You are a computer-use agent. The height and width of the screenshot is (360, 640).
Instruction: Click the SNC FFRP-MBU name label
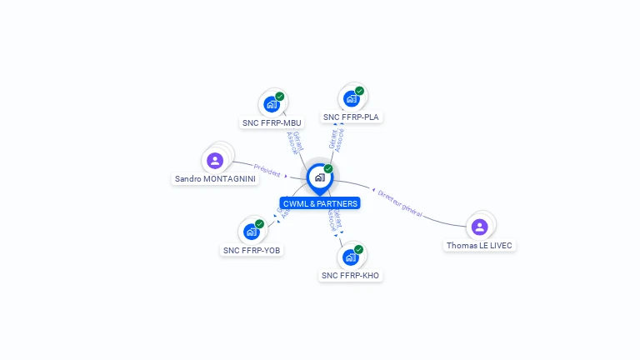(x=272, y=122)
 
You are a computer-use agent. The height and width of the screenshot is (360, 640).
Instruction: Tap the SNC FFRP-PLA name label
(x=351, y=117)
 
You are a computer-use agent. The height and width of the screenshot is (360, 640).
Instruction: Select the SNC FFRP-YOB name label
(x=252, y=250)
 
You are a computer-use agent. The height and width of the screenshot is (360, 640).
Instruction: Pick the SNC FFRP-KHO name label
(x=351, y=276)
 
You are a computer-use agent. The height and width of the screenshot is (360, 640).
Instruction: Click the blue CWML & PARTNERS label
(x=320, y=203)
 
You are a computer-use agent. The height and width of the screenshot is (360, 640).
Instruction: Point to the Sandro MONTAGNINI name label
(x=216, y=179)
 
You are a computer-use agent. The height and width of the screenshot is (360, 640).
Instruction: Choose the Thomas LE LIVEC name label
(x=479, y=246)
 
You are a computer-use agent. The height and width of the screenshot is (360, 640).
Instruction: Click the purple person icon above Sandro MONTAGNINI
(x=215, y=161)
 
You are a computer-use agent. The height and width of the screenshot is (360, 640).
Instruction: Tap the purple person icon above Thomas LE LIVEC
(x=479, y=227)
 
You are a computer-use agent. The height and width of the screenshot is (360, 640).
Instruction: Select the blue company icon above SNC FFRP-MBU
(x=271, y=104)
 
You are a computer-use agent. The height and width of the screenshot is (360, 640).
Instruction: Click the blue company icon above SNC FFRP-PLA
(x=351, y=99)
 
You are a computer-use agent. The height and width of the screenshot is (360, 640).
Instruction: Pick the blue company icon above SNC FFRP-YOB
(x=251, y=232)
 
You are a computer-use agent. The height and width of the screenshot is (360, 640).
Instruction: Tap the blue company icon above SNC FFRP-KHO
(x=350, y=257)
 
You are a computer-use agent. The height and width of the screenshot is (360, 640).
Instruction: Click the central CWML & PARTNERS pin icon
(x=319, y=177)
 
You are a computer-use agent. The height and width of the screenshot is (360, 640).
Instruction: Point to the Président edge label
(x=267, y=170)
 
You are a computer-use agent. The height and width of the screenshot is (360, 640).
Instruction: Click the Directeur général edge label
(x=400, y=203)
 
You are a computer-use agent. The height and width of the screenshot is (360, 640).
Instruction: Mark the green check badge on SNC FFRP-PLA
(x=359, y=91)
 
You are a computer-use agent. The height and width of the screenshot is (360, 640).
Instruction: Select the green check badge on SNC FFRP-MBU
(x=279, y=97)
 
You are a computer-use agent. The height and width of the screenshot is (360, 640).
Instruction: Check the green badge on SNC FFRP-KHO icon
(x=358, y=249)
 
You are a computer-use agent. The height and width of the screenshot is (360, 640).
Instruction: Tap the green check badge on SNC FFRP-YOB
(x=259, y=224)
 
